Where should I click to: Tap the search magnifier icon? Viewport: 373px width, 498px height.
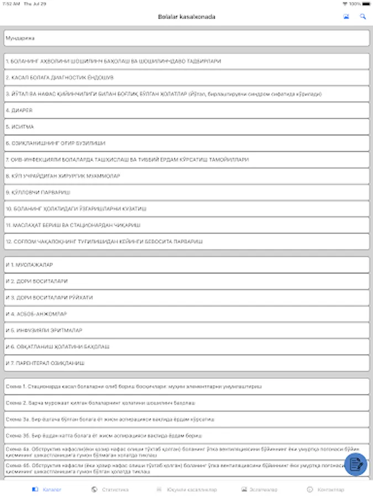[363, 17]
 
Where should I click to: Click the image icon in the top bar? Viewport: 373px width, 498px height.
[346, 17]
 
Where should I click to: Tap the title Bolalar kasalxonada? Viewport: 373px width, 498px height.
[186, 17]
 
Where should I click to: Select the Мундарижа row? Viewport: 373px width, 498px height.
[186, 38]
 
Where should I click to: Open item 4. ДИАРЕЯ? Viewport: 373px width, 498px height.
[186, 110]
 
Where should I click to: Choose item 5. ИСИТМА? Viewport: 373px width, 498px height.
[186, 127]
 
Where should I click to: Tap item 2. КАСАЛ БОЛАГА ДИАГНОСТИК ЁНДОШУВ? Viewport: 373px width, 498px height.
[186, 77]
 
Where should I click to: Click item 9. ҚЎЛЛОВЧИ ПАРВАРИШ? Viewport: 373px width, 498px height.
[186, 192]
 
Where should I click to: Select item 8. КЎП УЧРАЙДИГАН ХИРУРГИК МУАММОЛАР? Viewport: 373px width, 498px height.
[186, 176]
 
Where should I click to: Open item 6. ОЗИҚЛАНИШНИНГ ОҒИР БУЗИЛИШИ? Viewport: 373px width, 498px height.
[186, 143]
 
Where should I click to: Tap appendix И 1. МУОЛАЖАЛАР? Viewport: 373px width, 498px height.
[186, 265]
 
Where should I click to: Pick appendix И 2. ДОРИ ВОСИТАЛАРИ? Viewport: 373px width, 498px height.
[186, 281]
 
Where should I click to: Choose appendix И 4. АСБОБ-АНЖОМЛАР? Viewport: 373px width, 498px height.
[186, 314]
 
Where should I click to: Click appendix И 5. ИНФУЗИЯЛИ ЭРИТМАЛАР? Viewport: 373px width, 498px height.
[186, 330]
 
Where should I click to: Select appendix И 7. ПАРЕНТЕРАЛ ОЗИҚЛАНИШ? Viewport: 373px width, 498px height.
[186, 363]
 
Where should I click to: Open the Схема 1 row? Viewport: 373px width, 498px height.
[186, 386]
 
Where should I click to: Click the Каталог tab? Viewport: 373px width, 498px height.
[47, 490]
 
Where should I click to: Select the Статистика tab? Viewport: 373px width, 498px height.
[110, 490]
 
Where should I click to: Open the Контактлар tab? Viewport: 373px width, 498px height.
[325, 490]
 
